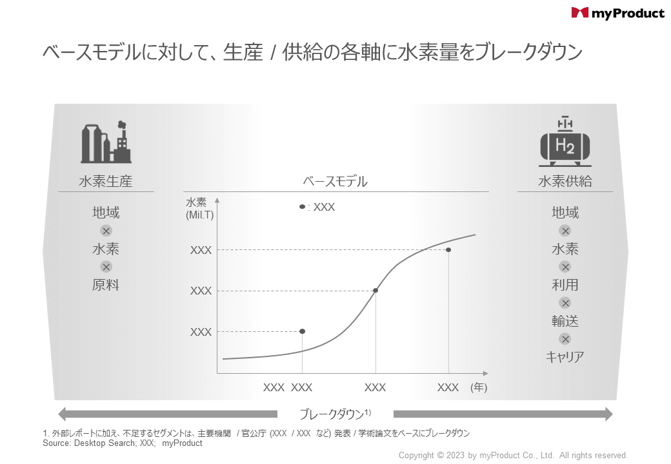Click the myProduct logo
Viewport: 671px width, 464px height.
point(617,13)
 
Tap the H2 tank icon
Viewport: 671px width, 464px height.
point(565,143)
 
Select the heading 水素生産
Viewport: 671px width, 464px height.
point(106,182)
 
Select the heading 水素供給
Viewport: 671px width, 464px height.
point(565,182)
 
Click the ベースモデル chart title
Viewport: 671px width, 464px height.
point(335,182)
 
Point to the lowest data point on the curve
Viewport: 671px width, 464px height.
point(302,331)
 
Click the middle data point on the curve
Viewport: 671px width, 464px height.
point(376,291)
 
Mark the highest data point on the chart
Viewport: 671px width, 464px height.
point(448,249)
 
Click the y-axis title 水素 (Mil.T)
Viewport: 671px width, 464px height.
point(199,208)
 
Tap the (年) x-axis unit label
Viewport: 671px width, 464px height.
point(479,387)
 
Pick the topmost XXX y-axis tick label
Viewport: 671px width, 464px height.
point(201,250)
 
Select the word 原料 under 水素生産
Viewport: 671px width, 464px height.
point(106,285)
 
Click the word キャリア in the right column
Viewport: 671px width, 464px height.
point(565,356)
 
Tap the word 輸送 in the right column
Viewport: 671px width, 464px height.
point(565,321)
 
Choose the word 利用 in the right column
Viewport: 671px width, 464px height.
point(565,285)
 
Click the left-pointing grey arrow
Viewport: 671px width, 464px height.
point(167,414)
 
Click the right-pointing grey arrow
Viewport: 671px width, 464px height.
point(503,414)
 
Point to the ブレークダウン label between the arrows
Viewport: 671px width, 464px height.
point(334,414)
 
